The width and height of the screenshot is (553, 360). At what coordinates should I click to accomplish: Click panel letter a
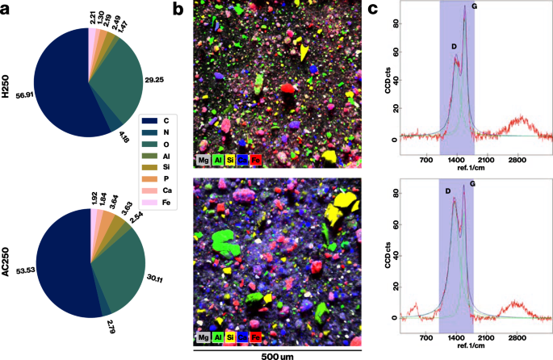(x=7, y=10)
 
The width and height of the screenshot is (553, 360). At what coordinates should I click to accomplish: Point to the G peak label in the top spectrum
(x=474, y=7)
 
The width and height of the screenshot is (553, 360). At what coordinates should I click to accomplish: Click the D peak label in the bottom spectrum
(x=447, y=191)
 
